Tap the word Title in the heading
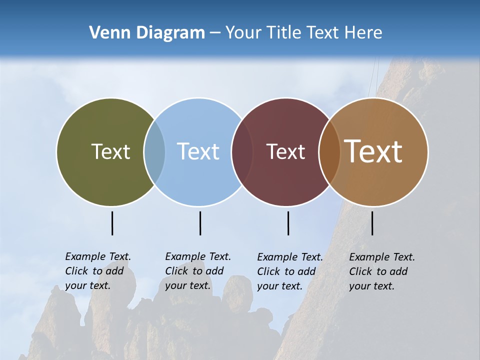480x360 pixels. coord(282,33)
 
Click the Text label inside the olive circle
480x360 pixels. coord(110,151)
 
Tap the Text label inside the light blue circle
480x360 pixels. coord(198,151)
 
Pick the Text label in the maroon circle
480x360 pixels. coord(285,151)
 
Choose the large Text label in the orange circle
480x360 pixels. coord(373,151)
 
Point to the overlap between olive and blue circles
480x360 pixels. coord(154,152)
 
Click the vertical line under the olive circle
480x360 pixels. coord(112,223)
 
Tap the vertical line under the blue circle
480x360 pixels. coord(200,223)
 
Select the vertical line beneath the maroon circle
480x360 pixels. coord(288,223)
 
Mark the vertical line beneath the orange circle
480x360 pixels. coord(372,223)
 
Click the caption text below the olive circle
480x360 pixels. coord(97,271)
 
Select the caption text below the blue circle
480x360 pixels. coord(197,271)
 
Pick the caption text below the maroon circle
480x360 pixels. coord(289,271)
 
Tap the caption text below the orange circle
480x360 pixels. coord(381,271)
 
